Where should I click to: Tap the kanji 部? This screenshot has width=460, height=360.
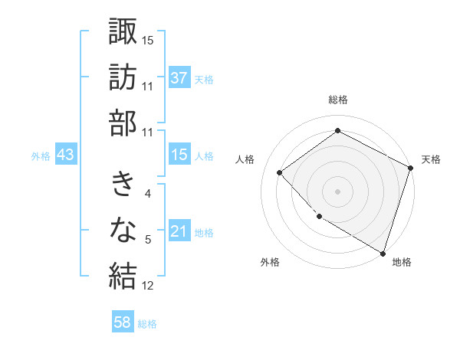click(x=123, y=123)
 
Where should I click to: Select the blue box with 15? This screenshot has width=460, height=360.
click(x=179, y=155)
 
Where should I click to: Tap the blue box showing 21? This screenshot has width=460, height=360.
click(x=179, y=231)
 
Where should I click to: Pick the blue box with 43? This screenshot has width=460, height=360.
click(x=65, y=155)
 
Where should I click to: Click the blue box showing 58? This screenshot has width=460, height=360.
click(x=123, y=322)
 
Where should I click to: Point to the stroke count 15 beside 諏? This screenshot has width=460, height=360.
click(x=148, y=39)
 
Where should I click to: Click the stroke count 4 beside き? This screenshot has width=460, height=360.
click(x=148, y=193)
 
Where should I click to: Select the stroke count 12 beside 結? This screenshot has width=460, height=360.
click(x=148, y=286)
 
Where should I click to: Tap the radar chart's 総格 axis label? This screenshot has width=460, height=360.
click(x=337, y=100)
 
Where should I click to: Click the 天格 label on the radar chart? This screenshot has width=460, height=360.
click(x=431, y=159)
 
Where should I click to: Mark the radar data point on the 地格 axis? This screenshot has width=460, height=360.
click(x=383, y=252)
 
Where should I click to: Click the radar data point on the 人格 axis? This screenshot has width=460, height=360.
click(x=280, y=172)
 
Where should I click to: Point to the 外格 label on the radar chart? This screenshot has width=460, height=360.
click(x=270, y=262)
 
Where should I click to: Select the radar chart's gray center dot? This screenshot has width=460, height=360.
click(x=337, y=191)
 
